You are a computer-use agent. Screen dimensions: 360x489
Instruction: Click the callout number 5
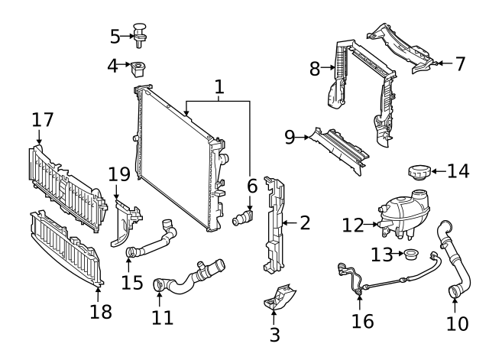pos(115,35)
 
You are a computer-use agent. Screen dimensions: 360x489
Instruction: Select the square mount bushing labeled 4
pos(139,69)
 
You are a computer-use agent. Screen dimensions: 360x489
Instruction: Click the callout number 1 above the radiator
pos(219,88)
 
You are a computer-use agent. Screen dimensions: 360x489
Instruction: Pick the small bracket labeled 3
pos(278,300)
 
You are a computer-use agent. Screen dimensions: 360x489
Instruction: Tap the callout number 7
pos(460,64)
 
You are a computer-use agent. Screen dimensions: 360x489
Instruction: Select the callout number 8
pos(314,69)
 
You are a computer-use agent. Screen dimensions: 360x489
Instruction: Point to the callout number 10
pos(457,323)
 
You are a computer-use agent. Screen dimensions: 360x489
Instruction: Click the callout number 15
pos(132,283)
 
